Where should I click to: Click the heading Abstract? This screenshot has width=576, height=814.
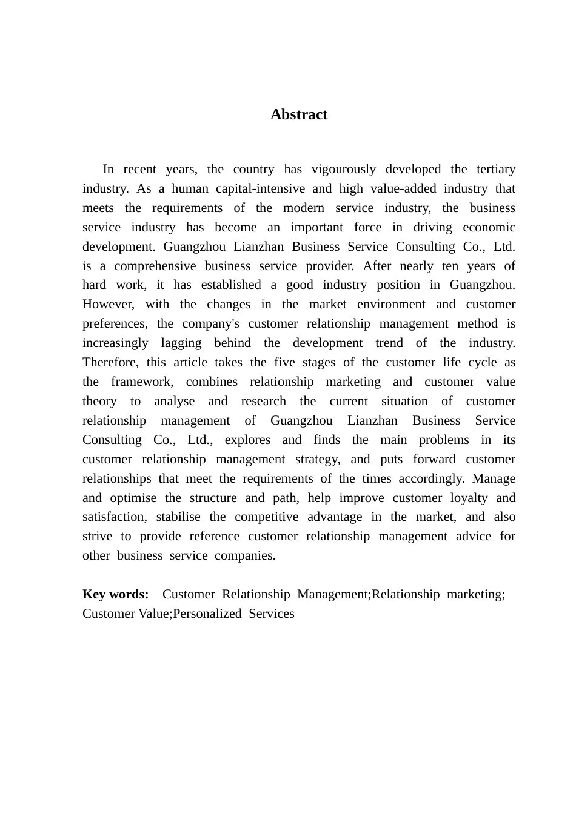pyautogui.click(x=299, y=114)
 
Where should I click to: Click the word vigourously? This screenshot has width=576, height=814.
pyautogui.click(x=343, y=169)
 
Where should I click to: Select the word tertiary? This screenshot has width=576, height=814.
pyautogui.click(x=496, y=169)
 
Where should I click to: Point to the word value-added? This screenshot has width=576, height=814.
pyautogui.click(x=400, y=188)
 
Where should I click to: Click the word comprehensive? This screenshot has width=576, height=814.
pyautogui.click(x=155, y=266)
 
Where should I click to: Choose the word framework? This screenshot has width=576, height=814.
pyautogui.click(x=142, y=382)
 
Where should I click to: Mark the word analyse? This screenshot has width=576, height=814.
pyautogui.click(x=175, y=401)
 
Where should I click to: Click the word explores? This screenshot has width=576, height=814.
pyautogui.click(x=247, y=440)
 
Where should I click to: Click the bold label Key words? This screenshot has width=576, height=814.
pyautogui.click(x=116, y=594)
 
